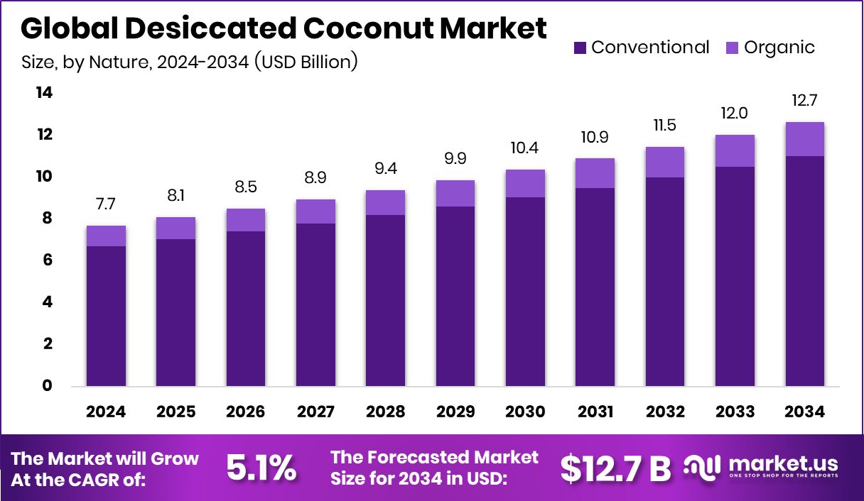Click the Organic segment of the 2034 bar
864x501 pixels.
806,139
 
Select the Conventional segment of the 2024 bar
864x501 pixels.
107,316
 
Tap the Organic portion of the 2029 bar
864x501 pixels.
455,193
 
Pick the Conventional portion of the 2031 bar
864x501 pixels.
595,287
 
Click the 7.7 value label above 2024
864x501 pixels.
107,204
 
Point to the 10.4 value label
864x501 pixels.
525,148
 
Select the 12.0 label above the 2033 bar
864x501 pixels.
735,114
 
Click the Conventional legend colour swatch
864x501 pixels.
580,48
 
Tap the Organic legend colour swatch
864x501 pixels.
733,48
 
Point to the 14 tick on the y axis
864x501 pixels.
44,93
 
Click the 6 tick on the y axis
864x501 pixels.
46,260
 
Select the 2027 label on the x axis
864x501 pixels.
316,412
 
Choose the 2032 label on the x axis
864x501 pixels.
665,412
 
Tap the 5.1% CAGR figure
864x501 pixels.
261,468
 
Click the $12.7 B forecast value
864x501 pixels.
615,468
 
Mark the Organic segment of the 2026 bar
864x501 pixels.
246,220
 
